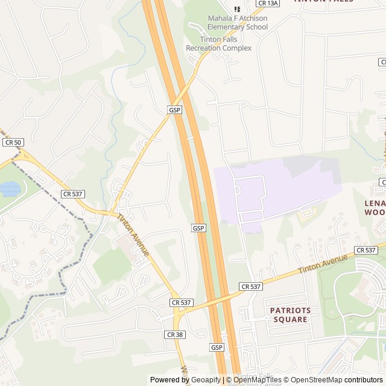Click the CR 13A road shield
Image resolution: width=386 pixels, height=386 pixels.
click(268, 3)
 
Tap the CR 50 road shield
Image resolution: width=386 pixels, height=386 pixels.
click(13, 142)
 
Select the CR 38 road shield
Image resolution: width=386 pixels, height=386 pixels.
click(174, 334)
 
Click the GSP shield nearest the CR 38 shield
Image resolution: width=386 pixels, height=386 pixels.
click(217, 348)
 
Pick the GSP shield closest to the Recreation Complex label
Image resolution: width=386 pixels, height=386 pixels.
click(175, 110)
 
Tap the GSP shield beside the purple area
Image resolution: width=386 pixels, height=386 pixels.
click(198, 228)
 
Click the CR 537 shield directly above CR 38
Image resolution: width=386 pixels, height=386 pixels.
click(181, 302)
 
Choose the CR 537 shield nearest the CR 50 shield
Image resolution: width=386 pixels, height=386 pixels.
click(72, 194)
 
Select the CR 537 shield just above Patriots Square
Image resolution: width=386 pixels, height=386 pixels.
click(250, 286)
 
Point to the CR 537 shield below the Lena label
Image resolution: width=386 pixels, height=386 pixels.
click(366, 250)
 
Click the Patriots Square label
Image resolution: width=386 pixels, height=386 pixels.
click(290, 315)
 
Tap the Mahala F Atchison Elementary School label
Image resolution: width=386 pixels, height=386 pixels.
click(237, 22)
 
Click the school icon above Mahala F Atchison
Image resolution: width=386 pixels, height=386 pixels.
click(237, 9)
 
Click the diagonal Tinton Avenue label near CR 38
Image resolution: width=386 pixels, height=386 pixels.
click(133, 235)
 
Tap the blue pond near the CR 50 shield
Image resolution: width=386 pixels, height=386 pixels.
click(10, 189)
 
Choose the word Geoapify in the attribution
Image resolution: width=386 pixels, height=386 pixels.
click(206, 380)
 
